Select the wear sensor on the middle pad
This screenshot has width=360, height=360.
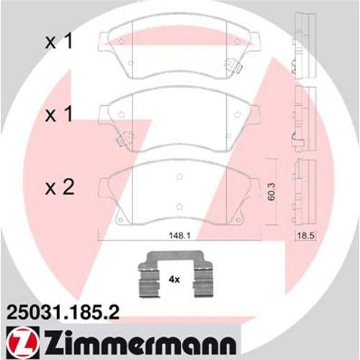pos(123,138)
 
